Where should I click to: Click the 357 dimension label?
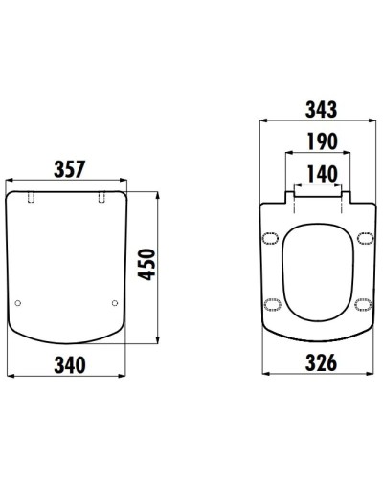click(x=70, y=169)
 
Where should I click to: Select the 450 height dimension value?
click(x=147, y=265)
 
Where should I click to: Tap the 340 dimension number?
click(x=70, y=365)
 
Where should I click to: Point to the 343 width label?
click(x=321, y=109)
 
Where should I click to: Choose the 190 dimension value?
click(x=322, y=141)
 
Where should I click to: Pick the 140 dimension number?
click(x=322, y=174)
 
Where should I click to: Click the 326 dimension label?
click(x=321, y=362)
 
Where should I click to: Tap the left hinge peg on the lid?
click(x=31, y=197)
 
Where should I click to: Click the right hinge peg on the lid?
click(x=101, y=197)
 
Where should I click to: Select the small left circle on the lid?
click(x=18, y=303)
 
